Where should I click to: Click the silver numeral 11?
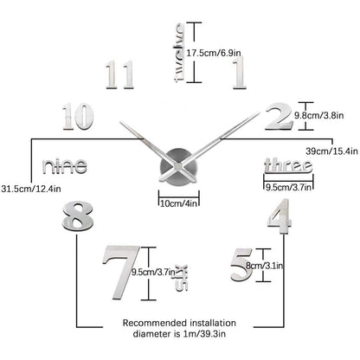[119, 74]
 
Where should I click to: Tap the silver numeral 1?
[240, 72]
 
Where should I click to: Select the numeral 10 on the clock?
[78, 116]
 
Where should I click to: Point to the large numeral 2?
[279, 116]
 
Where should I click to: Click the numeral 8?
[78, 216]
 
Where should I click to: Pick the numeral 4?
[280, 214]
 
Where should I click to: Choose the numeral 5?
[241, 265]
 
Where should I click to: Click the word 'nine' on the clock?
[65, 166]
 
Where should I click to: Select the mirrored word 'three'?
[288, 165]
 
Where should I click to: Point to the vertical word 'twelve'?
[179, 53]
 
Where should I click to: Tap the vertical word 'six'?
[183, 278]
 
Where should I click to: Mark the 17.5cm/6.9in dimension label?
[214, 53]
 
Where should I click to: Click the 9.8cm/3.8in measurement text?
[319, 116]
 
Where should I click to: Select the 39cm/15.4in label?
[331, 151]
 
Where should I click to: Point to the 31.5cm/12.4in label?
[31, 189]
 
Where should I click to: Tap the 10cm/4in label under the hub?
[179, 203]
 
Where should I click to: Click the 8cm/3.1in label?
[265, 266]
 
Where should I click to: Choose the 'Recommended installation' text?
[179, 323]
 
